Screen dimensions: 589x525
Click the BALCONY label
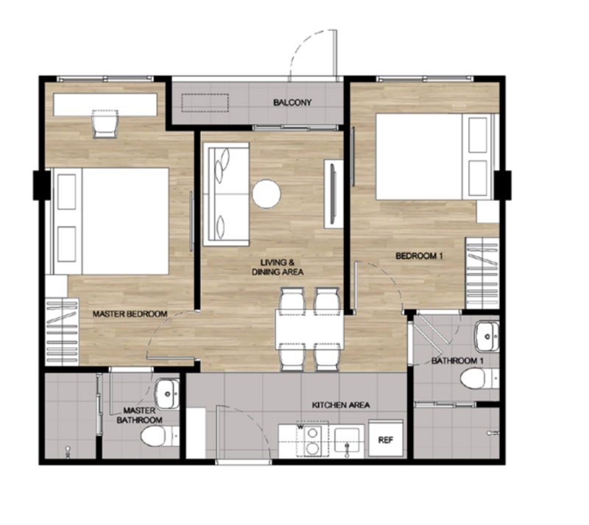pyautogui.click(x=292, y=102)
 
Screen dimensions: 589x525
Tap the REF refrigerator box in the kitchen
pyautogui.click(x=386, y=439)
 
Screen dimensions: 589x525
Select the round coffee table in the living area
pyautogui.click(x=267, y=194)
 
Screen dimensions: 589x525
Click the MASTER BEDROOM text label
pyautogui.click(x=130, y=314)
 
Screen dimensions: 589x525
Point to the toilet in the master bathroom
pyautogui.click(x=159, y=437)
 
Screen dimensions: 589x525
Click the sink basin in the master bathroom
pyautogui.click(x=168, y=394)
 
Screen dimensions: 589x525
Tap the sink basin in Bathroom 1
pyautogui.click(x=487, y=337)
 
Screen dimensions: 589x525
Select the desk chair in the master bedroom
pyautogui.click(x=105, y=124)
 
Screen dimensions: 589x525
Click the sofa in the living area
pyautogui.click(x=226, y=194)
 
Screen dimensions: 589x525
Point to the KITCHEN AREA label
pyautogui.click(x=341, y=405)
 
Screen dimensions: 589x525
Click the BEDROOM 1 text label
pyautogui.click(x=419, y=256)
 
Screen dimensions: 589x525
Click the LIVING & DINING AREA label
pyautogui.click(x=278, y=267)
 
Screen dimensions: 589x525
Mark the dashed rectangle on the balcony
pyautogui.click(x=205, y=102)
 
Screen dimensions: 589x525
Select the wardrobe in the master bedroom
pyautogui.click(x=62, y=332)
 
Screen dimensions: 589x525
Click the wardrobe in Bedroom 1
pyautogui.click(x=482, y=273)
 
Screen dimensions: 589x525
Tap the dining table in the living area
pyautogui.click(x=309, y=329)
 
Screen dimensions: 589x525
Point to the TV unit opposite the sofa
pyautogui.click(x=334, y=194)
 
